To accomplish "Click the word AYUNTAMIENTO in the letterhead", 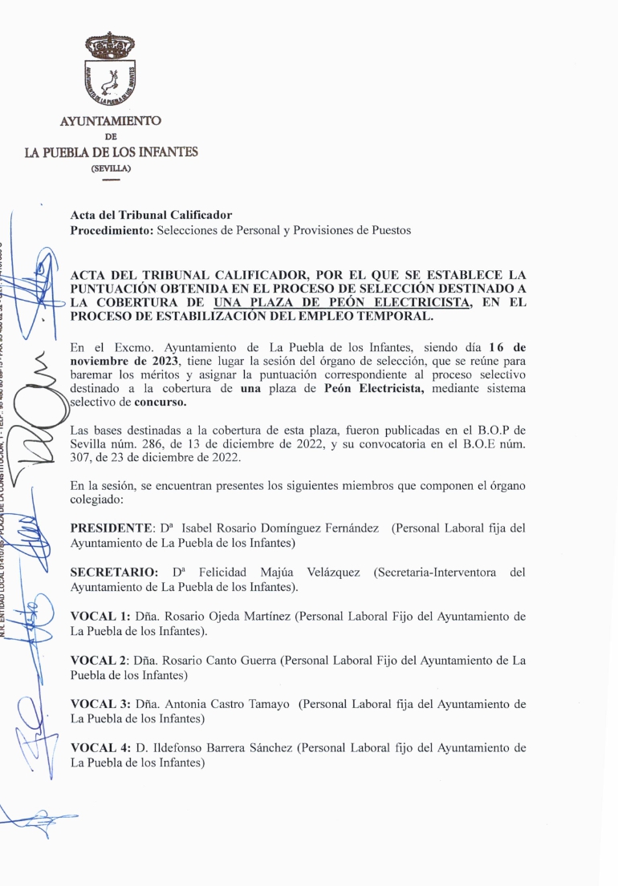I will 111,121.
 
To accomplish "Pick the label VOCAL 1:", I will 100,617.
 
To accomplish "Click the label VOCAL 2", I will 99,661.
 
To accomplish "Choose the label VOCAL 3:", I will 100,704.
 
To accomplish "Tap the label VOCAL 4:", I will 100,748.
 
